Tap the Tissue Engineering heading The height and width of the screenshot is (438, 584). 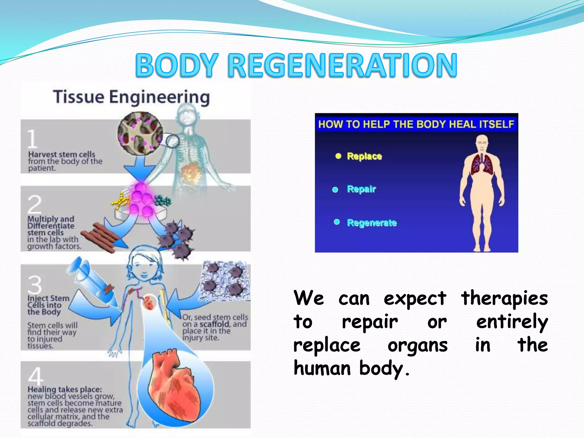tap(131, 97)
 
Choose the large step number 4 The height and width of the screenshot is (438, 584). tap(36, 376)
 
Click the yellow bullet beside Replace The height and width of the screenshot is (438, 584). tap(338, 156)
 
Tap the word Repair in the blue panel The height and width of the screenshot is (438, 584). tap(361, 189)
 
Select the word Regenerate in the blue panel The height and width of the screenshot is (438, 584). tap(372, 223)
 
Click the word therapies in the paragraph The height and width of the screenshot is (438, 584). tap(504, 298)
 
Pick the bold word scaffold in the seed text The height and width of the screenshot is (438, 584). tap(214, 324)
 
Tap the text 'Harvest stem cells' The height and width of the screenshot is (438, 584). tap(62, 154)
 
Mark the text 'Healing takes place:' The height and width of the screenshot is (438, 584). tap(64, 389)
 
